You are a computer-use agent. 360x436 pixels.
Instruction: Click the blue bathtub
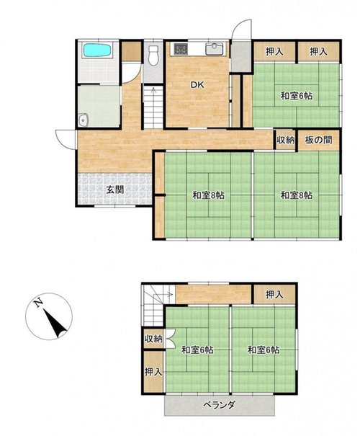[97, 50]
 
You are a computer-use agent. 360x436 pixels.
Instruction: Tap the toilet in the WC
[153, 55]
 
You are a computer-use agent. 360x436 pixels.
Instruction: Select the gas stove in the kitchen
[181, 50]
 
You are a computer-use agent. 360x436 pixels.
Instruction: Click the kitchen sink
[214, 49]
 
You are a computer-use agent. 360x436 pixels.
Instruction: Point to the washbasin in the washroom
[83, 120]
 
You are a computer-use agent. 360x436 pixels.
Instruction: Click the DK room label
[197, 85]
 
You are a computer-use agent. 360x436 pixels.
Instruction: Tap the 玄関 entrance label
[115, 190]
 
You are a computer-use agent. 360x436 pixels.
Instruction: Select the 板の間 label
[318, 140]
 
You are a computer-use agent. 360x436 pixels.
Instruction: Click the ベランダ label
[219, 404]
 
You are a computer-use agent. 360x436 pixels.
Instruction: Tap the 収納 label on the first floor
[285, 140]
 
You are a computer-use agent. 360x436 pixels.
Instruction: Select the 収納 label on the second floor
[153, 339]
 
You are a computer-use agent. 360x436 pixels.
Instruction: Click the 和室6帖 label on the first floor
[297, 96]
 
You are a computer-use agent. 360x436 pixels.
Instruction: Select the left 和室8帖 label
[209, 195]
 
